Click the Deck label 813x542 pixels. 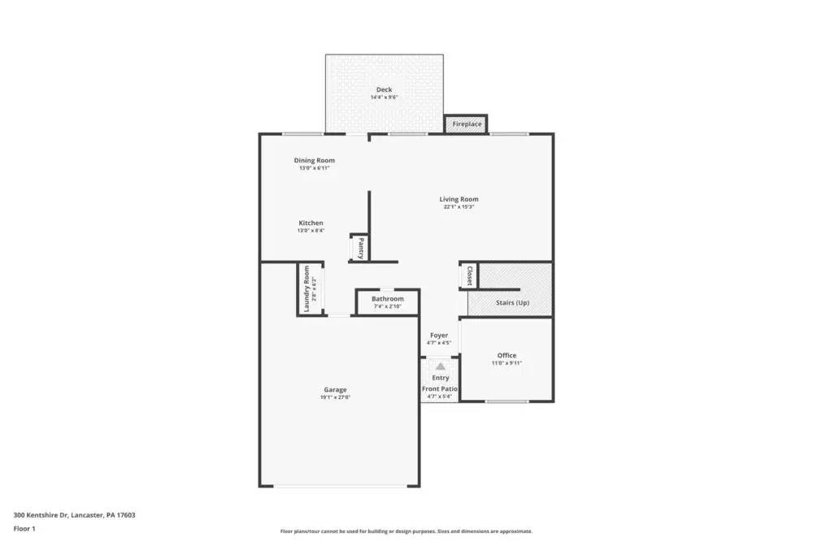[x=384, y=89]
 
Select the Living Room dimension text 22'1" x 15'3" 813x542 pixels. [x=459, y=207]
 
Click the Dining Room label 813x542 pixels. [x=314, y=160]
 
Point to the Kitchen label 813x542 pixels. [x=311, y=223]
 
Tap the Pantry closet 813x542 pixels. [x=359, y=248]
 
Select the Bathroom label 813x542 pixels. [x=388, y=299]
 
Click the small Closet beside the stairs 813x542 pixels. [x=469, y=275]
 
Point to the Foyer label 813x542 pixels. [x=439, y=335]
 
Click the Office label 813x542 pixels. [x=506, y=355]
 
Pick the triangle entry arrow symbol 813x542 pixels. [x=440, y=367]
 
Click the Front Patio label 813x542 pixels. [x=440, y=389]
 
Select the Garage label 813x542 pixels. [x=335, y=389]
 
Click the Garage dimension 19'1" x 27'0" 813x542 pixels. [x=335, y=397]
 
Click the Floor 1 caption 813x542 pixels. [x=25, y=528]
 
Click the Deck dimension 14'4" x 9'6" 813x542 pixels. [x=384, y=98]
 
